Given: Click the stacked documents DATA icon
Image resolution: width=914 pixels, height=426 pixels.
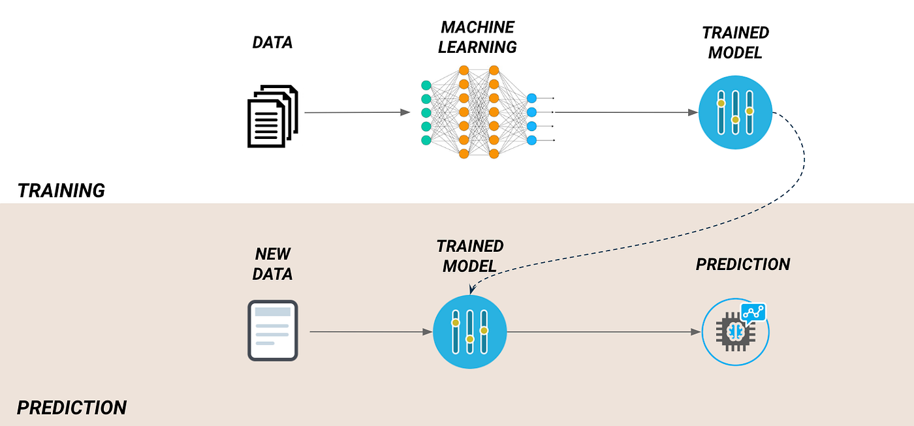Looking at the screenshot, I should point(272,116).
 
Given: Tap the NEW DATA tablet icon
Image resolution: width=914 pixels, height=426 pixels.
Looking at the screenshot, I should point(272,330).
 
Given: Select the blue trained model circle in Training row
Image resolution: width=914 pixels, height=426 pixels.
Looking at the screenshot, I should point(735,112).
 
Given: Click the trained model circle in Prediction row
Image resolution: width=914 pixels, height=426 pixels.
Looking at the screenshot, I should point(469,331).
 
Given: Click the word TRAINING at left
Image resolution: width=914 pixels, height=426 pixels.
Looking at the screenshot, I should point(61,190).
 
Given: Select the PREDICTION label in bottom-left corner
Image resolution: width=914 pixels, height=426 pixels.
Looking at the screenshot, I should point(72,408).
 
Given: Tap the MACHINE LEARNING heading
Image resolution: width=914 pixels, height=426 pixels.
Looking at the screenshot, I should point(477,37).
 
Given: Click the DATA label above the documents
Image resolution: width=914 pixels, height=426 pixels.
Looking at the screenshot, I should point(272,43).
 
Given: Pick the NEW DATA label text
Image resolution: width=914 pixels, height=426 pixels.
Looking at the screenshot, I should point(272,264).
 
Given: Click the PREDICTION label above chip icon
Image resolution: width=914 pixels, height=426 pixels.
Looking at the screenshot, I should point(743,264).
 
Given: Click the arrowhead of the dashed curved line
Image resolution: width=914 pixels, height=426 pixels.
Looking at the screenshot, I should point(471,289).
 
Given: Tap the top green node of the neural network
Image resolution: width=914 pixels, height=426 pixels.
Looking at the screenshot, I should point(426,85).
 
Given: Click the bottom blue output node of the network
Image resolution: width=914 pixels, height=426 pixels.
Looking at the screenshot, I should point(531,140).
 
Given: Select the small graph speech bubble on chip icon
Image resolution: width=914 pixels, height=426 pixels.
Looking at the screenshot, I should point(753,312).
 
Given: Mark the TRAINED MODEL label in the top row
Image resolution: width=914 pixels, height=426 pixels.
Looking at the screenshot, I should point(735,42).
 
